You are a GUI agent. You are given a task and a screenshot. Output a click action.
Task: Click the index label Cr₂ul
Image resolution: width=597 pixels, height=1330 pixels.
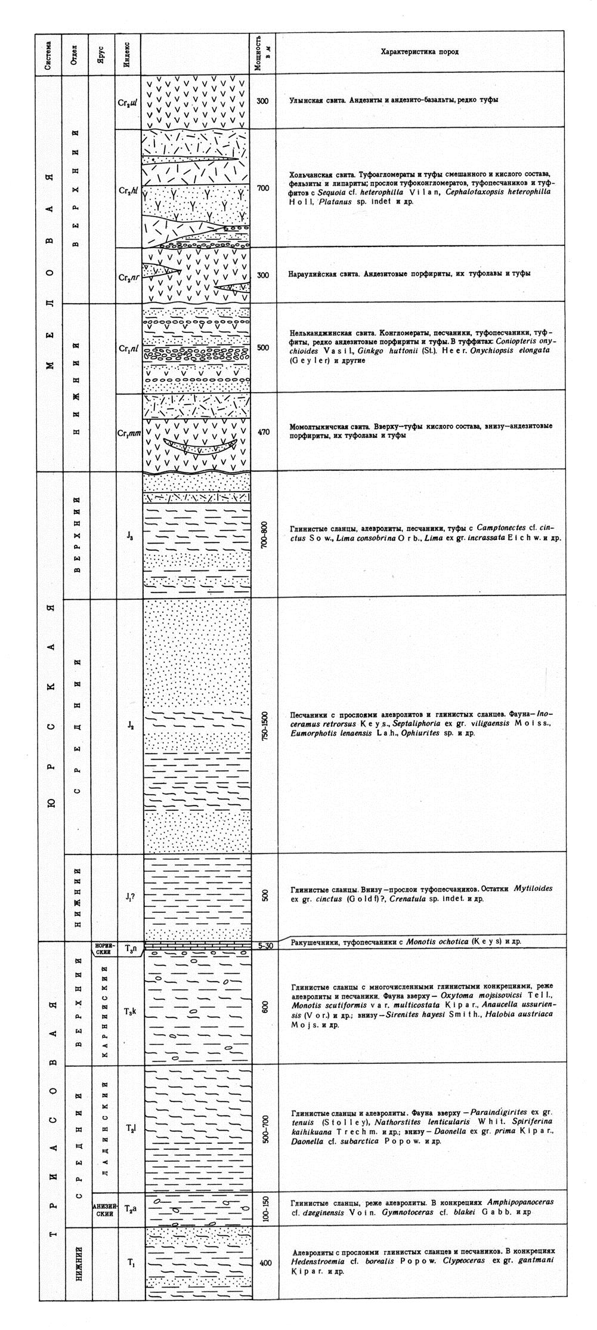(x=128, y=101)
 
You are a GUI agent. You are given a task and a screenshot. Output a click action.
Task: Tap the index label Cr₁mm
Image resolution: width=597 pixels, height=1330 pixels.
(x=129, y=434)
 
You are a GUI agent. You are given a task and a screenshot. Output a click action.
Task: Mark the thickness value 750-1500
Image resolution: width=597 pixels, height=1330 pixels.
(x=265, y=725)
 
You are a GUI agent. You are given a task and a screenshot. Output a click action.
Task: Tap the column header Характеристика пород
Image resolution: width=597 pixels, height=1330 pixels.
(x=419, y=53)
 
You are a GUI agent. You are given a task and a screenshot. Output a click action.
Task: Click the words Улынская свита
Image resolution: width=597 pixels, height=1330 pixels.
(x=314, y=100)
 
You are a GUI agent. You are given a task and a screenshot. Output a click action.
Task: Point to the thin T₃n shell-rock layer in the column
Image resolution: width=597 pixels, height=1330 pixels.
(x=197, y=946)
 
